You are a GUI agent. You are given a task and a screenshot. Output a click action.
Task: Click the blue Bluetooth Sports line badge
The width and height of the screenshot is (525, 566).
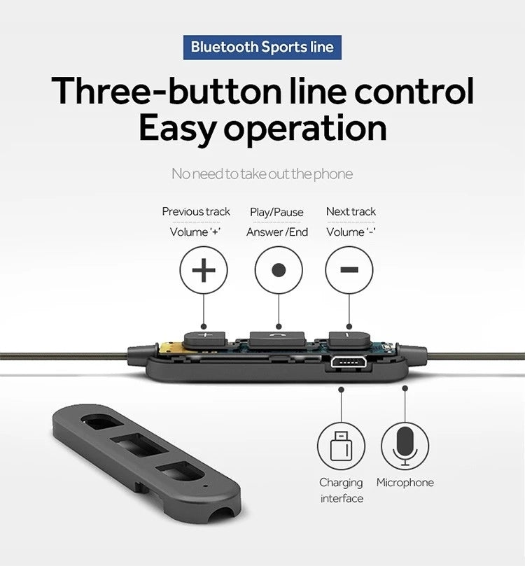(262, 48)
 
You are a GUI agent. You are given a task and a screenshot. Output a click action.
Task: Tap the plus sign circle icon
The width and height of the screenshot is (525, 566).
(204, 270)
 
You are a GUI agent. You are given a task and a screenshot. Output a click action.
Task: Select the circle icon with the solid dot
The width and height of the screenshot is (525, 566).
(279, 270)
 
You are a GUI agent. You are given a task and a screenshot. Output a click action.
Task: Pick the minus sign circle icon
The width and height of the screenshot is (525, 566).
(349, 270)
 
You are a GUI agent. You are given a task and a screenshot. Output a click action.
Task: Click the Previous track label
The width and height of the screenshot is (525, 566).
(196, 211)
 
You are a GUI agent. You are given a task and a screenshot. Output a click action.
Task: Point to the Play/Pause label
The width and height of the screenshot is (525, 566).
(276, 212)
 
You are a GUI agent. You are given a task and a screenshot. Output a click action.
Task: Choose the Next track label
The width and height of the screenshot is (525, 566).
(351, 211)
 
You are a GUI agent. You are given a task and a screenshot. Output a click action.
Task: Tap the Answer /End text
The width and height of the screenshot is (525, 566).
(277, 232)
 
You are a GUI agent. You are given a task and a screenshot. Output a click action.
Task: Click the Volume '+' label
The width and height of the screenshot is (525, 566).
(195, 232)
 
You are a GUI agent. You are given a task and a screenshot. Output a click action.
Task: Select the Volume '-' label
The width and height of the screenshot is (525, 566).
(351, 232)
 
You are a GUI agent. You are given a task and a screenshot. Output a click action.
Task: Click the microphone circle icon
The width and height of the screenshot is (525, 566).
(405, 446)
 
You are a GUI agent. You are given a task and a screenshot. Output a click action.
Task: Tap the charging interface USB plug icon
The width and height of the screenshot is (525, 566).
(341, 446)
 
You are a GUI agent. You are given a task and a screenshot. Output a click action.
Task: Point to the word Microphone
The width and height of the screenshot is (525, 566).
(405, 482)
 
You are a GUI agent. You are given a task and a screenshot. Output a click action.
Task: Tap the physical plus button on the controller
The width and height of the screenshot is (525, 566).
(204, 339)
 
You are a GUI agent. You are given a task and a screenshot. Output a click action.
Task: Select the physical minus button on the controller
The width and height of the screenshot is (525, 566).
(349, 339)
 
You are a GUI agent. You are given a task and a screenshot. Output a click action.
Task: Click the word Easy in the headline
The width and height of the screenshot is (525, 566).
(178, 129)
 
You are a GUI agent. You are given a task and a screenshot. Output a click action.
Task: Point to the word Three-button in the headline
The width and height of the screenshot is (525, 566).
(166, 91)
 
